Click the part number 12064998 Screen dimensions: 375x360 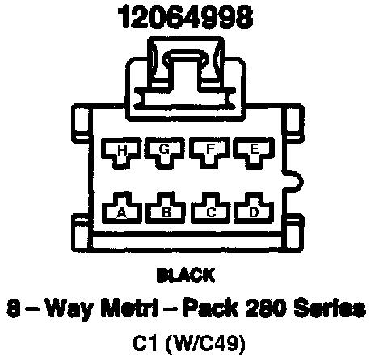[x=186, y=17]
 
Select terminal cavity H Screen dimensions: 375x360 [x=121, y=153]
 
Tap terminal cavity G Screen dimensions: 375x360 [x=165, y=153]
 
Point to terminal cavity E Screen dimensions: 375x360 [x=254, y=153]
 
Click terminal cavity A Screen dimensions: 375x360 [x=122, y=208]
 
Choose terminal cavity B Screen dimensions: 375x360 [x=166, y=208]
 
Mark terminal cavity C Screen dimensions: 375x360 [x=211, y=208]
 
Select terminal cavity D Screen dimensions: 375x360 [x=254, y=208]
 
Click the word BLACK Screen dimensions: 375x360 [x=186, y=275]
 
